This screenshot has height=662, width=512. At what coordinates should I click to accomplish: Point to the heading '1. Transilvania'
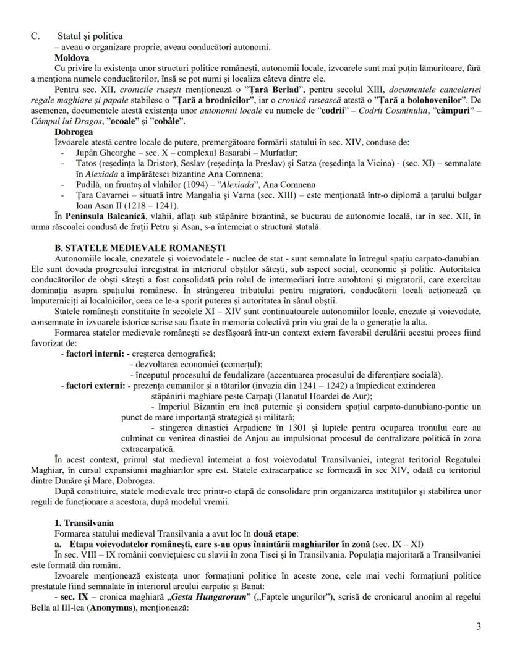[83, 523]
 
